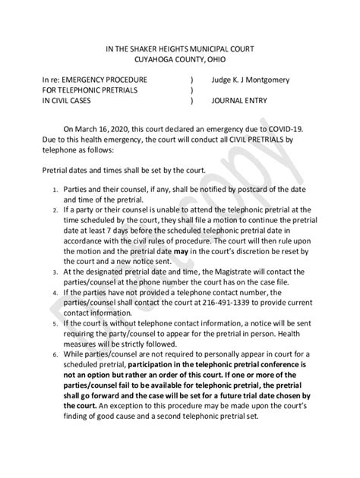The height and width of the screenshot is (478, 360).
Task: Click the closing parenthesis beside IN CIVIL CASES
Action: click(192, 100)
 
